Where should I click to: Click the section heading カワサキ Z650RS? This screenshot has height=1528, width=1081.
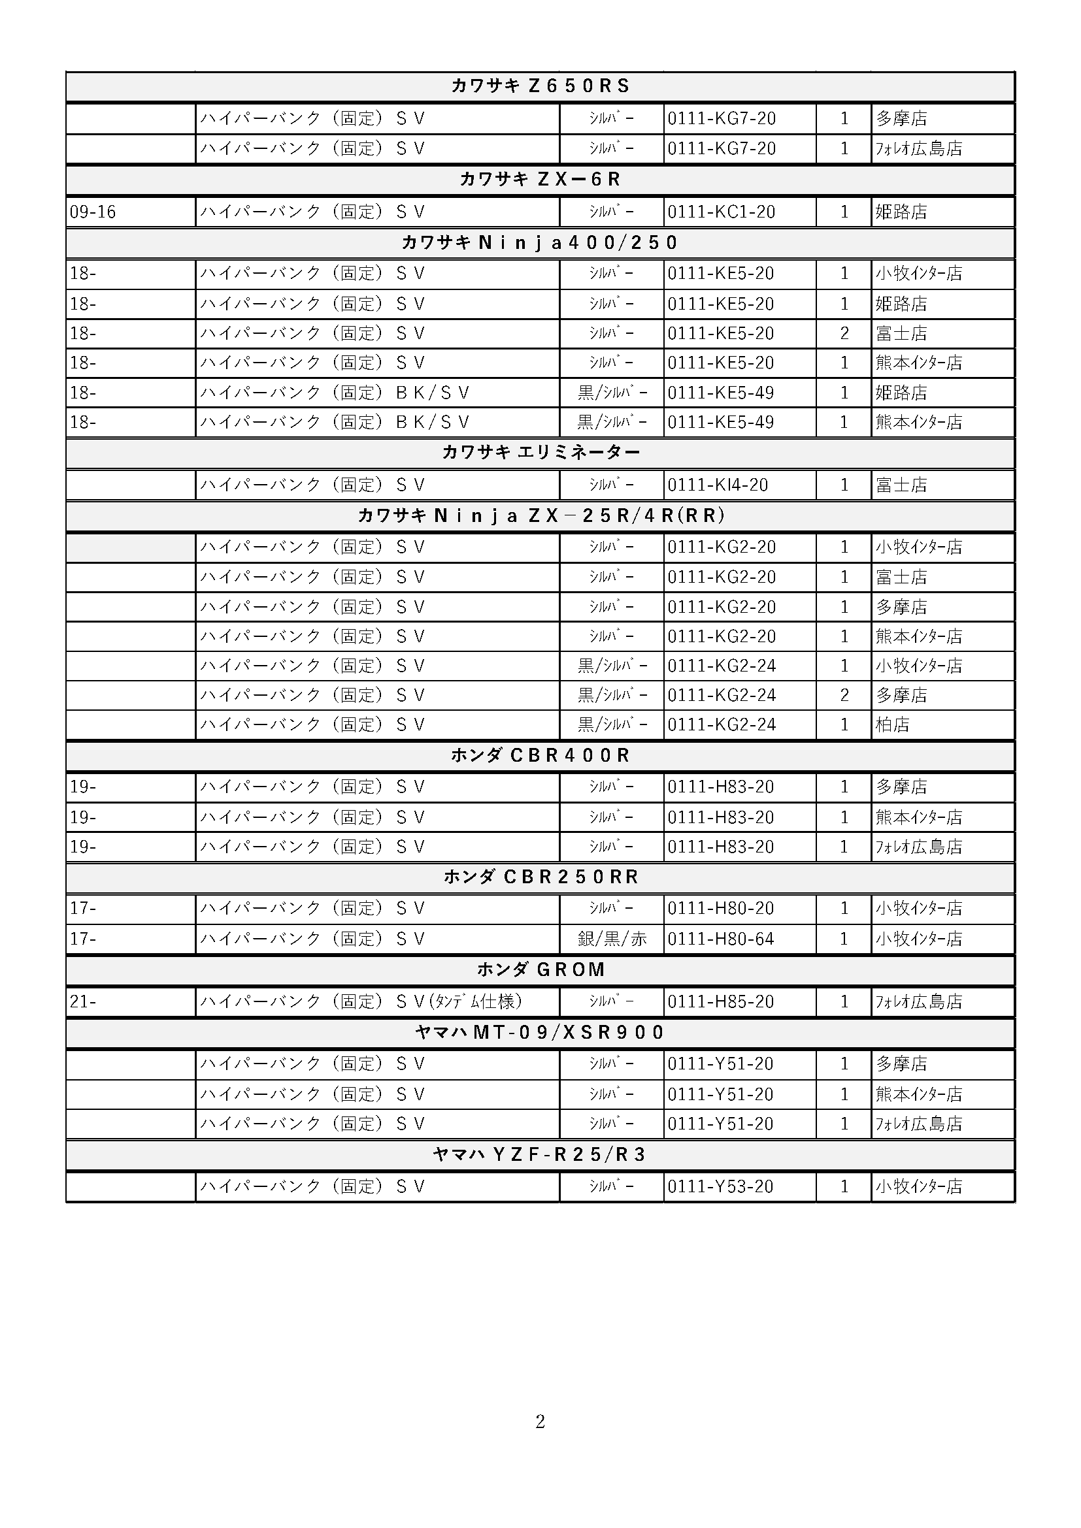tap(540, 86)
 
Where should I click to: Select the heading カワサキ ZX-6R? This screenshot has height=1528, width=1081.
tap(540, 179)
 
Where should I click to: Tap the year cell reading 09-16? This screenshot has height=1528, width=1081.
tap(93, 212)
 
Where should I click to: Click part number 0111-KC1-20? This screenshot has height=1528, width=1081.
tap(721, 212)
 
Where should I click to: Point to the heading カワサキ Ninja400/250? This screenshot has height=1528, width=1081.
tap(540, 242)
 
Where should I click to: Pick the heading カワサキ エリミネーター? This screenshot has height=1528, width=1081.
tap(540, 453)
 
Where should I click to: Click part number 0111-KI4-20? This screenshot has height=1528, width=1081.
tap(718, 485)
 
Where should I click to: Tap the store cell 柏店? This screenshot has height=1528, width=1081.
tap(892, 724)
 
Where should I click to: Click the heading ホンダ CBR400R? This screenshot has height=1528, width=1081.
tap(540, 755)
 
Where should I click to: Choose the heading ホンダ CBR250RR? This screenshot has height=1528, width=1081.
tap(540, 877)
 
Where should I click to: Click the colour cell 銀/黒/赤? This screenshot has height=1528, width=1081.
tap(612, 938)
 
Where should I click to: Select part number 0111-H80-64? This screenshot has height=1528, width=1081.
tap(721, 938)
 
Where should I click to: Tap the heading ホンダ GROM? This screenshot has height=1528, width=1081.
tap(540, 969)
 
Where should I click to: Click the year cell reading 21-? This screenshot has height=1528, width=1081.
tap(83, 1001)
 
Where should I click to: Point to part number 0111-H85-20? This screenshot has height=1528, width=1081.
tap(721, 1001)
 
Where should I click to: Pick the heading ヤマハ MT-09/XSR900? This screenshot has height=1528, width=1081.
tap(540, 1032)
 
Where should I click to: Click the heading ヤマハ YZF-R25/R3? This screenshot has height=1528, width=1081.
tap(540, 1154)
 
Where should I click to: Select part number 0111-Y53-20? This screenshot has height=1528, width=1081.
tap(720, 1186)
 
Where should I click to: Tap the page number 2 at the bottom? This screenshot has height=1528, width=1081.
tap(540, 1422)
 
